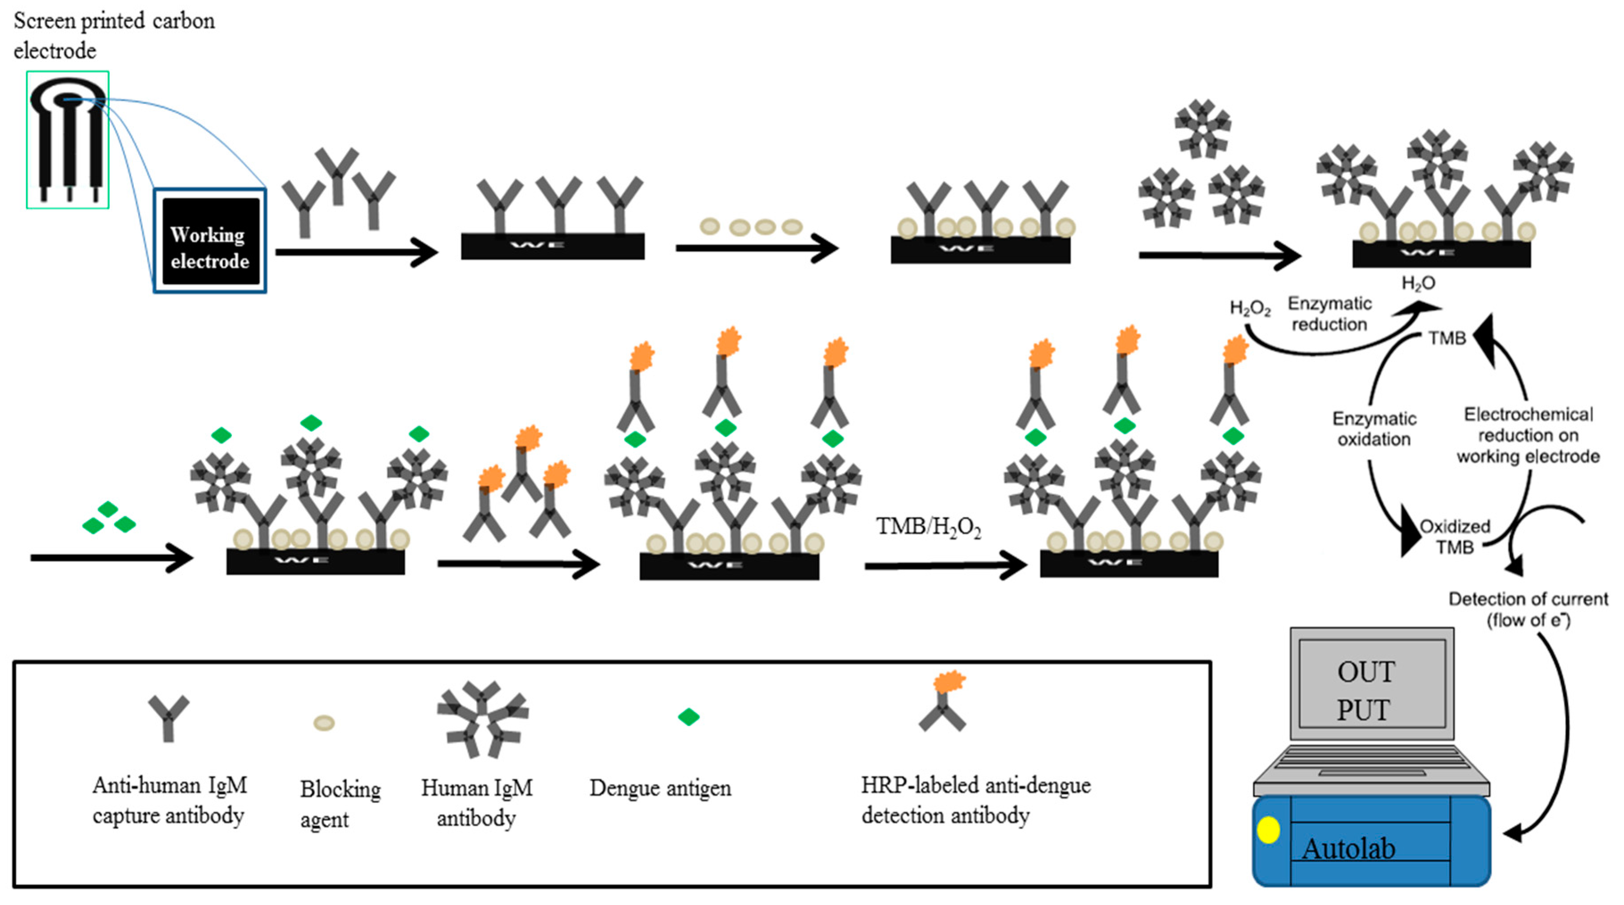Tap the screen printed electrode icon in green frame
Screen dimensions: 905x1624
coord(67,140)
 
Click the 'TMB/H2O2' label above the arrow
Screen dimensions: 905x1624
coord(928,527)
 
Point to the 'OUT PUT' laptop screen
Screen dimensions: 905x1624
coord(1372,690)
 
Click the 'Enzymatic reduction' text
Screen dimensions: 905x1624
coord(1329,313)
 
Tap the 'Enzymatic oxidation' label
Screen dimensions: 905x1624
coord(1374,429)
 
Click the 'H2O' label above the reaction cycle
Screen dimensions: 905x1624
coord(1418,283)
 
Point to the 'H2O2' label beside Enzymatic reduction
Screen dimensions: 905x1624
coord(1250,309)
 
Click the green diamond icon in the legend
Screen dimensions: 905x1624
coord(688,716)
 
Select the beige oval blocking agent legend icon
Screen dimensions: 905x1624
coord(324,723)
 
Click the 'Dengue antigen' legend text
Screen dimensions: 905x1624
coord(660,788)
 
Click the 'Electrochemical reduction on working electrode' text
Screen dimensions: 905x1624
coord(1528,435)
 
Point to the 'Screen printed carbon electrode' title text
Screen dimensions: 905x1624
coord(114,35)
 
